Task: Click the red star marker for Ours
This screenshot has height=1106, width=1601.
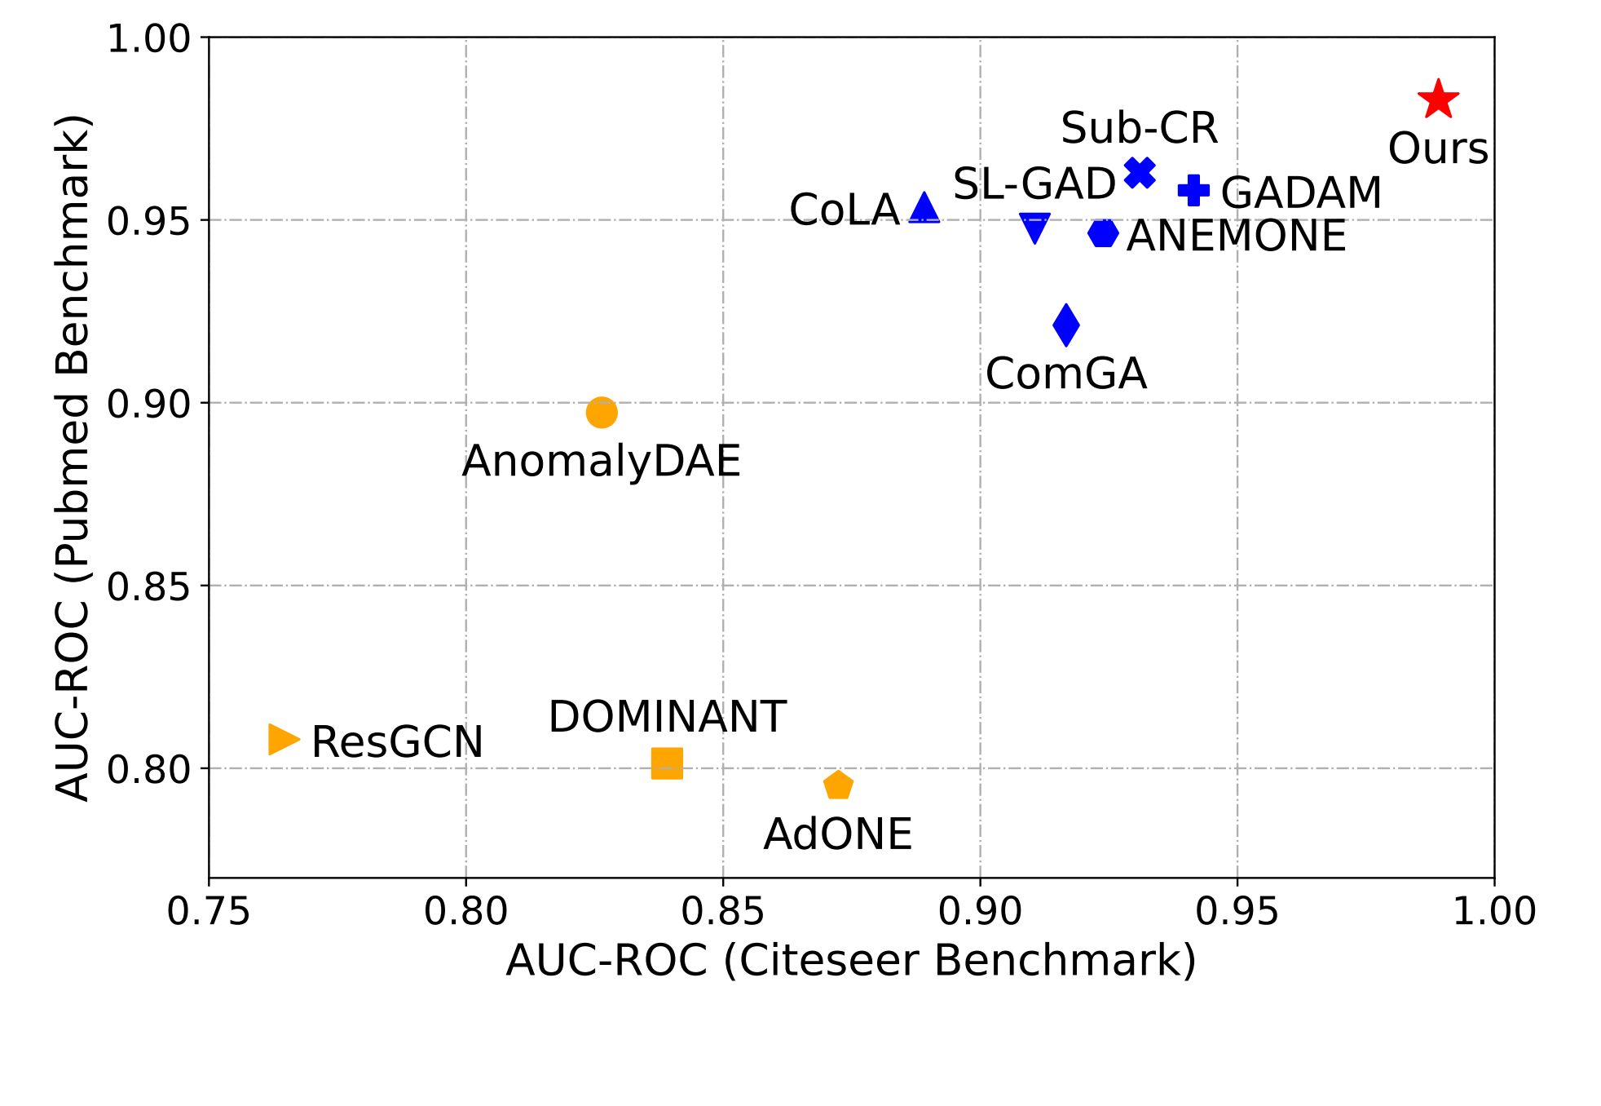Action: tap(1438, 100)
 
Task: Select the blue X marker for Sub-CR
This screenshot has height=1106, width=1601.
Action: tap(1140, 172)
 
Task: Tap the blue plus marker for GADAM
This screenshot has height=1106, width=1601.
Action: tap(1193, 190)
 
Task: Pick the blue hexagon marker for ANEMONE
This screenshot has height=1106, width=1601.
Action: tap(1103, 233)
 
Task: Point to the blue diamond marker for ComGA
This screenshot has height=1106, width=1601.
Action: tap(1065, 325)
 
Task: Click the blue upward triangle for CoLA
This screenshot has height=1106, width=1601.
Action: tap(924, 209)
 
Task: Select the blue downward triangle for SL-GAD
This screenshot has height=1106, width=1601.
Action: tap(1034, 228)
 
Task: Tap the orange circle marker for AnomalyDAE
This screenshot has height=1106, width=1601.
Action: tap(601, 412)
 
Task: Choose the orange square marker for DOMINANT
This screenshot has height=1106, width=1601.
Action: tap(667, 763)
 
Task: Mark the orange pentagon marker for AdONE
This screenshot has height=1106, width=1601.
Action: tap(838, 785)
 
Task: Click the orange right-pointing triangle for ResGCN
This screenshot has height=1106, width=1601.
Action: tap(282, 739)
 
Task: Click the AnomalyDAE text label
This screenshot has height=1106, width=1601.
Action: tap(601, 462)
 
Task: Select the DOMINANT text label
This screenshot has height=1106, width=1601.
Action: tap(667, 717)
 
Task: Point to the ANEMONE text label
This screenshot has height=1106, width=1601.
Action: tap(1236, 237)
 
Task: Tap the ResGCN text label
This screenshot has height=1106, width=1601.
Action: tap(397, 742)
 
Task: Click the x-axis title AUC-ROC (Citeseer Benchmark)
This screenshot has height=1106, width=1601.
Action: tap(851, 960)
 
